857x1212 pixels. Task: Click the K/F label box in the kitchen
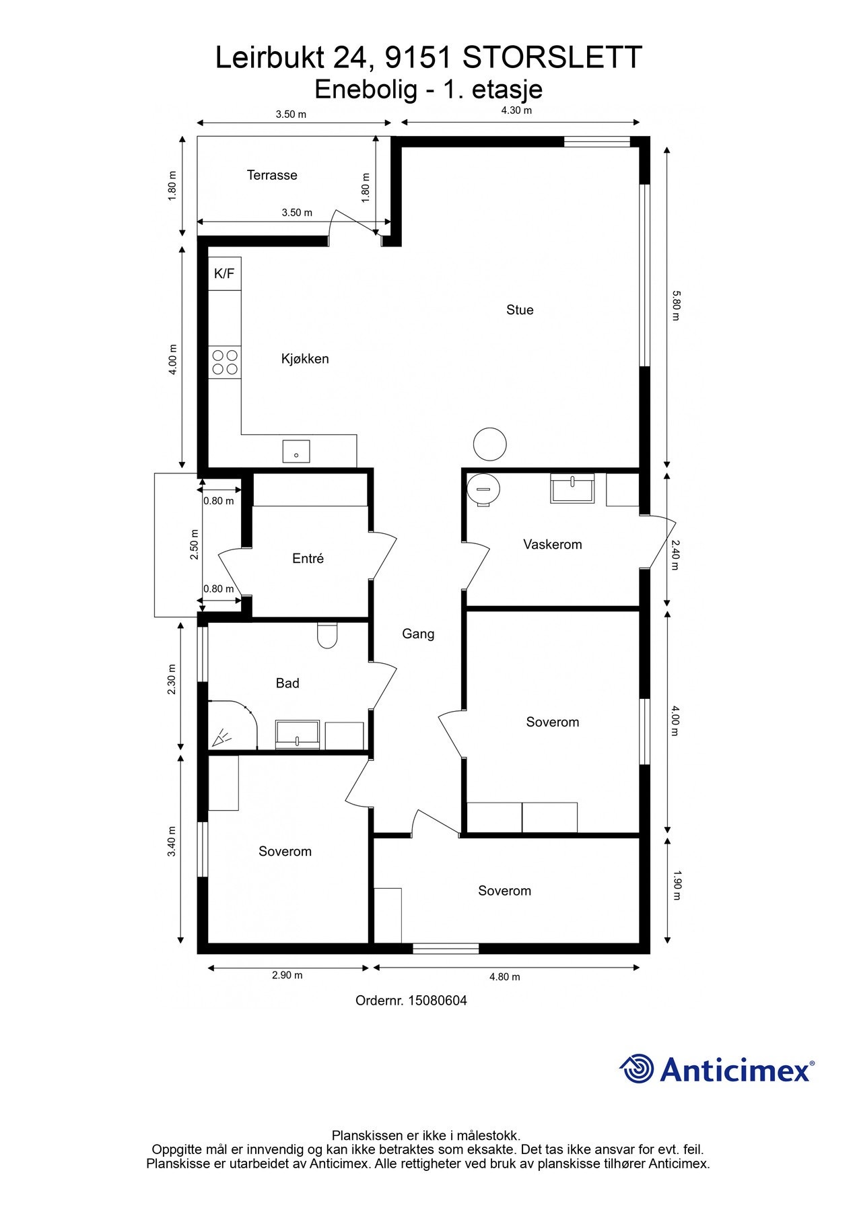224,273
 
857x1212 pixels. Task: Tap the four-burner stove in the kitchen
225,362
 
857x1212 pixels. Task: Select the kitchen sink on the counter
296,451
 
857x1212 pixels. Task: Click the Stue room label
520,310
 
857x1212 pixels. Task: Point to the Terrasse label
272,175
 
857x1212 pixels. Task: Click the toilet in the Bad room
327,636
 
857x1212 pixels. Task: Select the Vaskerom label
553,544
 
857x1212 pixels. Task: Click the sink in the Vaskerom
573,488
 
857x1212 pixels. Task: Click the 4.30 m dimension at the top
516,110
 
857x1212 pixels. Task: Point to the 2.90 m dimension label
287,975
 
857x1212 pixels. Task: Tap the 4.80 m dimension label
504,976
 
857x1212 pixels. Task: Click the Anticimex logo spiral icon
637,1069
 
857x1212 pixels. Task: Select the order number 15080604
437,1001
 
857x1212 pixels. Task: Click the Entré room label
308,558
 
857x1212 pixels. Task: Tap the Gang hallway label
418,634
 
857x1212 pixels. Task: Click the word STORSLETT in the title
553,58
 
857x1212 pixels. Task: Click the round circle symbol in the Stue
490,444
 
